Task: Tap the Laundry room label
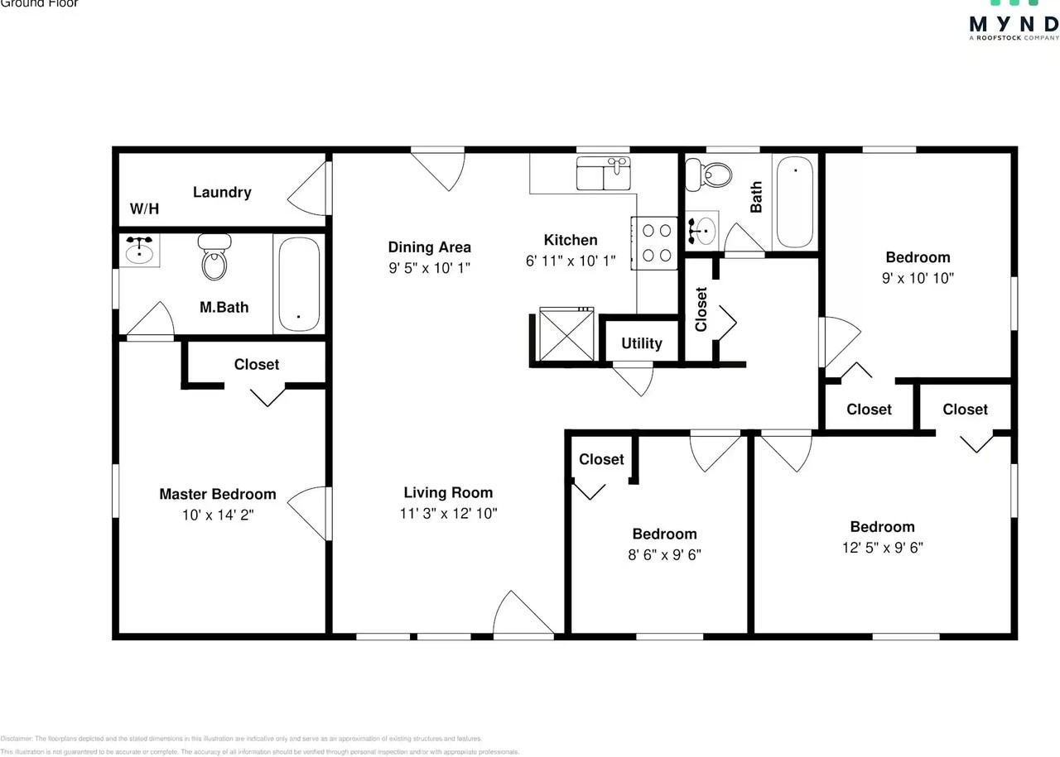(222, 192)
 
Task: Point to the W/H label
(144, 209)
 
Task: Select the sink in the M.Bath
(139, 250)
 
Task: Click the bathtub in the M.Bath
(298, 284)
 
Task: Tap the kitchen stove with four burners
(656, 242)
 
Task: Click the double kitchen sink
(603, 174)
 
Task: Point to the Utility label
(642, 343)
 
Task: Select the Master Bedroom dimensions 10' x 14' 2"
(217, 514)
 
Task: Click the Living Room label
(448, 492)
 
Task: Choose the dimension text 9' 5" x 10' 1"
(430, 267)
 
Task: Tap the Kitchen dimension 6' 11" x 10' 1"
(571, 261)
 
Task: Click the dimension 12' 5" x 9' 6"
(882, 547)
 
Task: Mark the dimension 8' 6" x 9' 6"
(664, 554)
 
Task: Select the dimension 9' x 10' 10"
(918, 278)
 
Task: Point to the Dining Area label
(430, 247)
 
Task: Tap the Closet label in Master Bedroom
(257, 364)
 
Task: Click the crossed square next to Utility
(566, 334)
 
